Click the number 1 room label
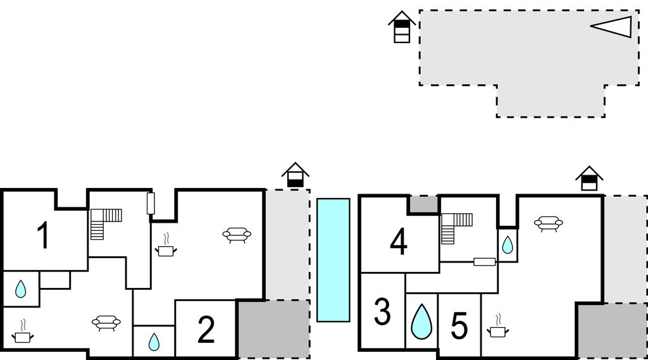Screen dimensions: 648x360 [44, 235]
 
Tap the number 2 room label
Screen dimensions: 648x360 [206, 330]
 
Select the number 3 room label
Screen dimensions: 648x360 [382, 312]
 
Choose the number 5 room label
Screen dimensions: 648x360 [459, 326]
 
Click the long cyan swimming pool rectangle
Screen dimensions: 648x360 [333, 260]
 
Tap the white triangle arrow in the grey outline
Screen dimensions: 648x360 [611, 27]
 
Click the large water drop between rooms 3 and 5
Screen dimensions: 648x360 [421, 322]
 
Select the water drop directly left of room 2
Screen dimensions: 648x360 [154, 342]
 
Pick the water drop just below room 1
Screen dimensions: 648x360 [21, 289]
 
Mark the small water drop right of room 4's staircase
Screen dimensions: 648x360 [508, 245]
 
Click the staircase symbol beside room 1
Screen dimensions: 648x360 [106, 224]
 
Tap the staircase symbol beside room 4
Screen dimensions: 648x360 [457, 228]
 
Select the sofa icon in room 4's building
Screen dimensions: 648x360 [549, 223]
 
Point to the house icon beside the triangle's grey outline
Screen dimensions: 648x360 [402, 27]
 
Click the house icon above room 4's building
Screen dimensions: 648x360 [589, 178]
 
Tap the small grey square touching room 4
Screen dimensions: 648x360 [423, 204]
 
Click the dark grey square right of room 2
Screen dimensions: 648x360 [274, 329]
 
